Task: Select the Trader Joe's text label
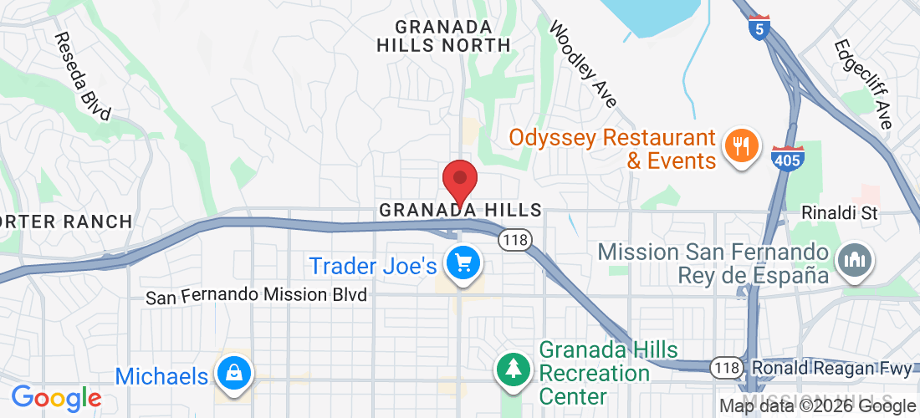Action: click(x=373, y=266)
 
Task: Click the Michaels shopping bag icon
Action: click(x=234, y=374)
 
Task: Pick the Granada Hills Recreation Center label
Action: click(x=595, y=372)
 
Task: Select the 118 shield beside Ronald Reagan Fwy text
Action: click(x=725, y=367)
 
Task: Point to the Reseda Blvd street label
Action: click(x=82, y=77)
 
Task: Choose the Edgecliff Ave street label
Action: click(x=862, y=84)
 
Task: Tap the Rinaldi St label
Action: click(x=840, y=213)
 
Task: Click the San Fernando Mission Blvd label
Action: click(x=257, y=296)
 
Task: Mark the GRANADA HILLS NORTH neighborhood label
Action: click(x=442, y=35)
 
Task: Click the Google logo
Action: click(x=56, y=397)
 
